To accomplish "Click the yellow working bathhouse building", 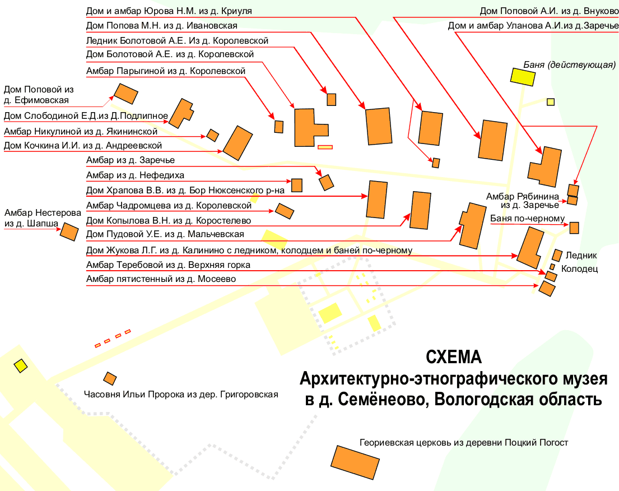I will pyautogui.click(x=522, y=76).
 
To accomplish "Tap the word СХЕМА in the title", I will pyautogui.click(x=453, y=358).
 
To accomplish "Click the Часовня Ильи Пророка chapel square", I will pyautogui.click(x=110, y=378).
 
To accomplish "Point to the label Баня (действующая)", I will pyautogui.click(x=570, y=64).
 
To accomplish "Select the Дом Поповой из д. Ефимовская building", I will pyautogui.click(x=126, y=94).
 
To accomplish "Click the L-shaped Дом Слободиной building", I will pyautogui.click(x=181, y=113).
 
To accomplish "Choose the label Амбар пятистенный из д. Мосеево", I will pyautogui.click(x=161, y=279).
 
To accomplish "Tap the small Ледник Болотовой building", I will pyautogui.click(x=331, y=99).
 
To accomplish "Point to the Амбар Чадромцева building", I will pyautogui.click(x=285, y=211).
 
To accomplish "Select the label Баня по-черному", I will pyautogui.click(x=527, y=219).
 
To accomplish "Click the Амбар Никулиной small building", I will pyautogui.click(x=213, y=135).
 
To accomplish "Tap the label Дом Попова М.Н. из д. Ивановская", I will pyautogui.click(x=161, y=26).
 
